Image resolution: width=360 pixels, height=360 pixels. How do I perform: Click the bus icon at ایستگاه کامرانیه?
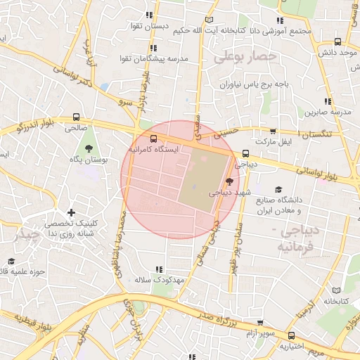[154, 138]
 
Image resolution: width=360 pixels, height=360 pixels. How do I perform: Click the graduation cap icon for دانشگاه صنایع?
[278, 190]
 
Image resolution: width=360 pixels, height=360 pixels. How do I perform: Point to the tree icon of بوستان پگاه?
[89, 148]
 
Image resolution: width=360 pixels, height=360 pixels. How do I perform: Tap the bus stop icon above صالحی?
[76, 117]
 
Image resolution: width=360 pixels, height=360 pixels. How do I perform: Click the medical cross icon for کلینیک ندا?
[70, 212]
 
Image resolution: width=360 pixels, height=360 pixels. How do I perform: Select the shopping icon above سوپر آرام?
[262, 324]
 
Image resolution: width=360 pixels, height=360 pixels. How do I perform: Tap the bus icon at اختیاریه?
[292, 335]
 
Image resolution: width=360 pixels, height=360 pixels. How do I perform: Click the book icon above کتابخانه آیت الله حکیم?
[207, 20]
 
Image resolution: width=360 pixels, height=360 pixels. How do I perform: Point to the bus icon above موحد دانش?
[338, 41]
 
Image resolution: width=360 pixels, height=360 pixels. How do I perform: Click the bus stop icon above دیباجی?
[245, 153]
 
